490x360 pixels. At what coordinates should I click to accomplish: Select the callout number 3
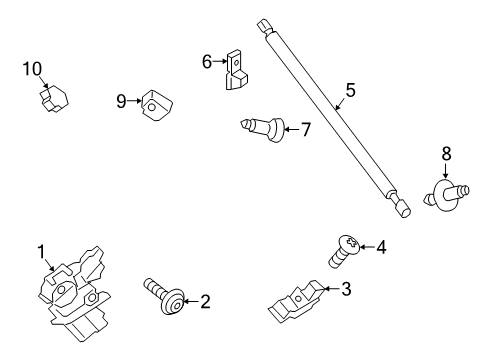coord(346,290)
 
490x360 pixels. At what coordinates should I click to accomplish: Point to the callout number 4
coord(380,246)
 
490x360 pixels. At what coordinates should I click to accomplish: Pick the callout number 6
coord(207,62)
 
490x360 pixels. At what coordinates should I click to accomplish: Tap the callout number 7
coord(306,129)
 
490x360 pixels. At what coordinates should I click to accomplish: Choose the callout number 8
coord(446,153)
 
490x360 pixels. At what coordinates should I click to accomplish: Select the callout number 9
coord(121,101)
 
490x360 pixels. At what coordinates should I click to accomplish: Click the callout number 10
coord(33,68)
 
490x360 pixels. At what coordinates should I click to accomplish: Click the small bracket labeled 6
coord(237,70)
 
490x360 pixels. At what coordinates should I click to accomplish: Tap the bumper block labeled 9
coord(155,103)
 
